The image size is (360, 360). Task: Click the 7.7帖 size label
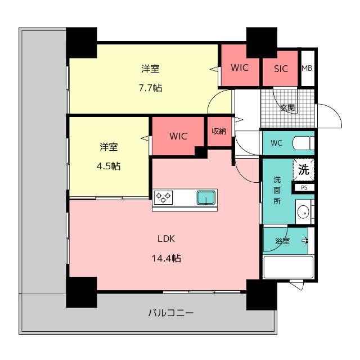click(x=150, y=88)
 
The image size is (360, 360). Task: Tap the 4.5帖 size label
click(x=109, y=166)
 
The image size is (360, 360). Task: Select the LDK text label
click(x=166, y=238)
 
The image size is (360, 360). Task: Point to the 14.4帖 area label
click(x=166, y=259)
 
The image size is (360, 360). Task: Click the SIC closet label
click(x=281, y=69)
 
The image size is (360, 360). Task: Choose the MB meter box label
click(x=307, y=68)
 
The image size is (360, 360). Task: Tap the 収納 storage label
click(x=219, y=131)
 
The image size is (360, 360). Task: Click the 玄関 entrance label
click(x=287, y=107)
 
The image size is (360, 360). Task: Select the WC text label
click(x=276, y=143)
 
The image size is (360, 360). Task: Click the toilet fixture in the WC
click(x=303, y=143)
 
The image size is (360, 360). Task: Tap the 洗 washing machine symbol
click(x=304, y=170)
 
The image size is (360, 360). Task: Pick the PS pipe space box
click(x=304, y=187)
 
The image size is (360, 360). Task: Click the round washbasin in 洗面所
click(x=303, y=213)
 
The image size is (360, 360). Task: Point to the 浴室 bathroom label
click(x=282, y=241)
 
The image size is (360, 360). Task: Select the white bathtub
click(x=289, y=267)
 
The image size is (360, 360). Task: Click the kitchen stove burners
click(x=163, y=197)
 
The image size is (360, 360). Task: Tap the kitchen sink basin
click(x=206, y=197)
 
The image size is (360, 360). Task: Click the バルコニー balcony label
click(x=171, y=313)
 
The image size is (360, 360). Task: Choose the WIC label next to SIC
click(x=240, y=67)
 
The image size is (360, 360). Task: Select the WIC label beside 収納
click(x=178, y=136)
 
